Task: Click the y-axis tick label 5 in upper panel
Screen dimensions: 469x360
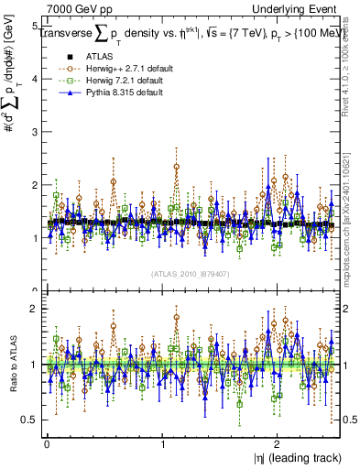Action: pos(34,27)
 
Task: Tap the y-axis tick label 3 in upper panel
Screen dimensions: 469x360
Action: pos(34,132)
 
